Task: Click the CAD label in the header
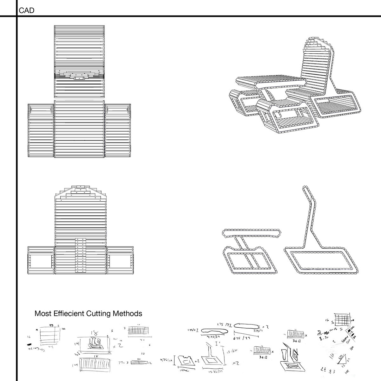(x=27, y=10)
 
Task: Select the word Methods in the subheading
(x=128, y=314)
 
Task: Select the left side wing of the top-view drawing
(x=41, y=130)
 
